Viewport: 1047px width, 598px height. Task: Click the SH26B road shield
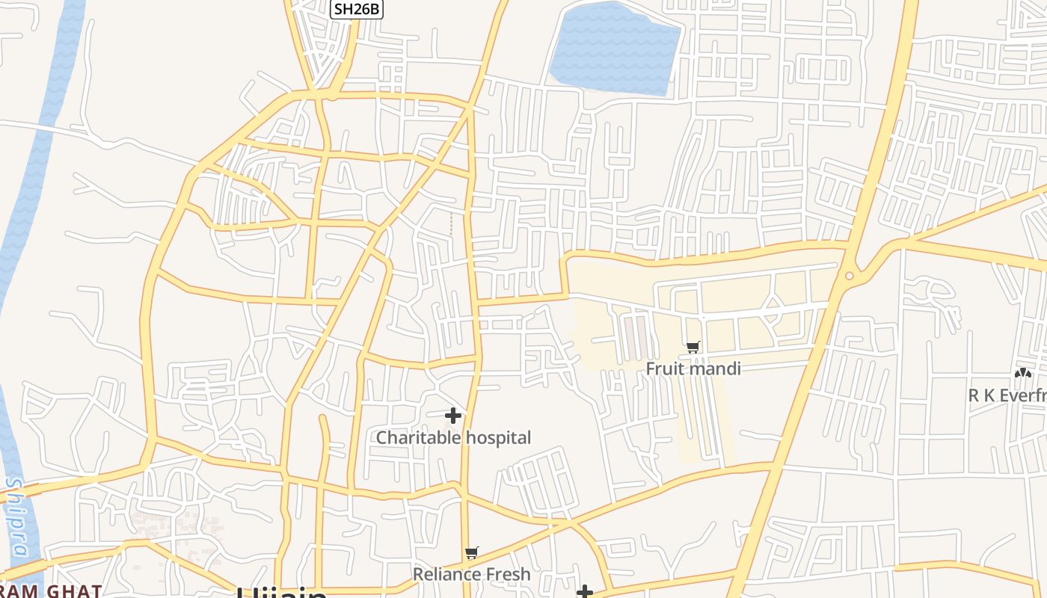(x=357, y=9)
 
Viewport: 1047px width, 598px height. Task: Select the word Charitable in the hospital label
(x=414, y=437)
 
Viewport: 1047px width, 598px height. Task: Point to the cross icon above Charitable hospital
(x=453, y=416)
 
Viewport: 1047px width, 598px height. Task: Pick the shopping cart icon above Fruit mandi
(x=693, y=347)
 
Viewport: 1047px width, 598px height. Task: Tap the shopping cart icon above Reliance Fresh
(x=471, y=553)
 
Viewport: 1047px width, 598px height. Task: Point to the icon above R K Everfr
(x=1022, y=373)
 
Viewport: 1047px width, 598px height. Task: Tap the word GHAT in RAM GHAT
(x=74, y=591)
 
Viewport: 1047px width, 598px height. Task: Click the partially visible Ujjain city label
(x=282, y=593)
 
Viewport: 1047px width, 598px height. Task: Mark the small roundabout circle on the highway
(x=849, y=276)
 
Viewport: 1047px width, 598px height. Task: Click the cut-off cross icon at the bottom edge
(x=585, y=593)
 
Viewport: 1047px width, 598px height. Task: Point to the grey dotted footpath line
(x=451, y=223)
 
